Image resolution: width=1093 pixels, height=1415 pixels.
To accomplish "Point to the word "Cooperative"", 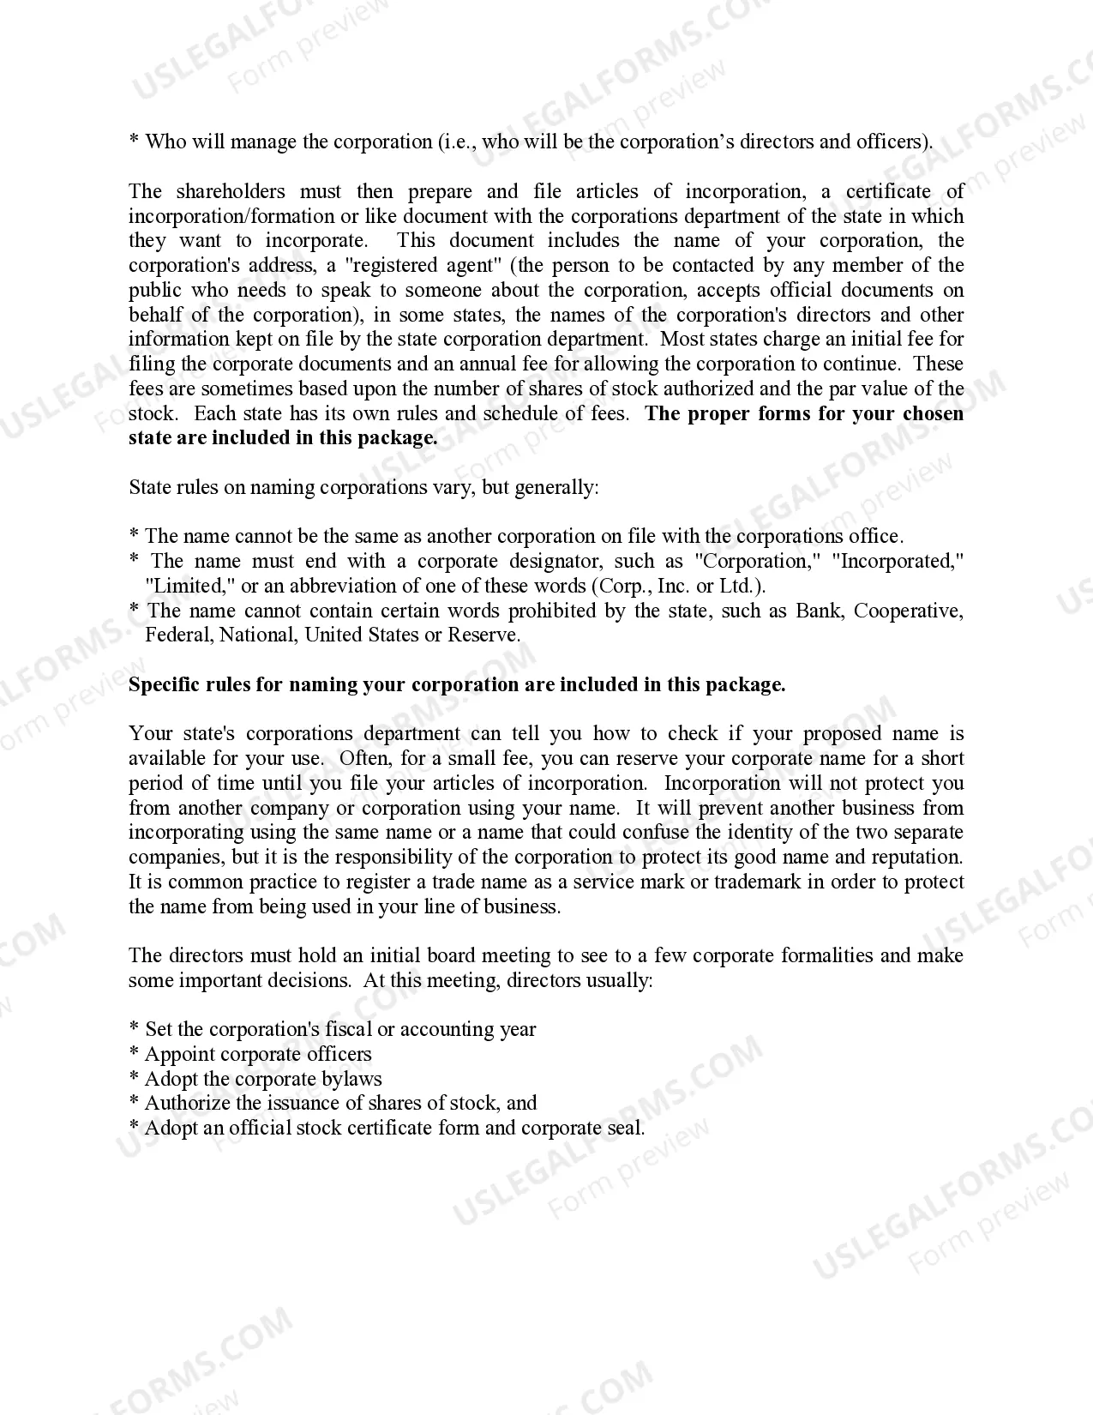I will tap(909, 611).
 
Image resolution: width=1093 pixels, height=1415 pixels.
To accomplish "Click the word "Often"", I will tap(365, 759).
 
